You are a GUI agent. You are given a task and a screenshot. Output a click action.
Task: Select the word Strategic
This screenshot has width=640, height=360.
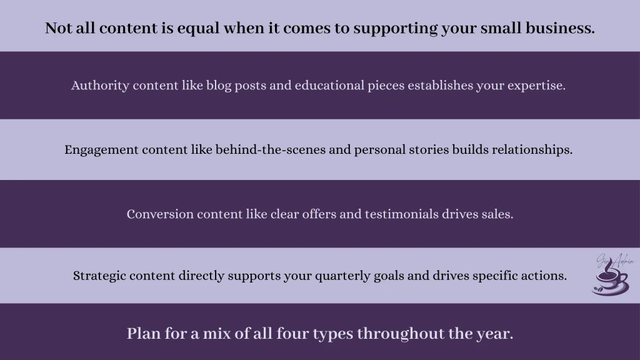point(98,276)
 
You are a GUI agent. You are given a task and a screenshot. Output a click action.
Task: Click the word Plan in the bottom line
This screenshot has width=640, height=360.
point(142,334)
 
